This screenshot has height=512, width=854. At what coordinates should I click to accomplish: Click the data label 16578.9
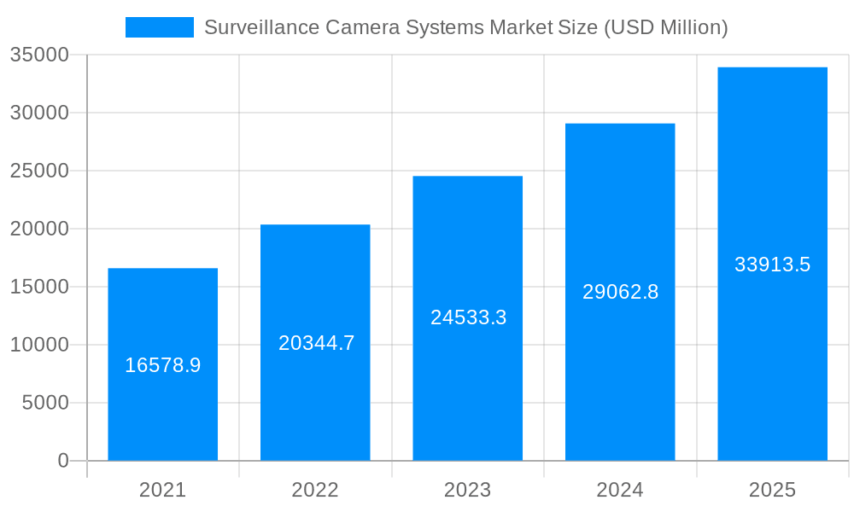(x=162, y=365)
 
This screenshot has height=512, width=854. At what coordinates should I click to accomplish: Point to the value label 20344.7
(x=316, y=343)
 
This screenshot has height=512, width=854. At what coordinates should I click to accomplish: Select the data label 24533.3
(x=468, y=317)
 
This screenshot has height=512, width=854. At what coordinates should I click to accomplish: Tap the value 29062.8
(x=620, y=292)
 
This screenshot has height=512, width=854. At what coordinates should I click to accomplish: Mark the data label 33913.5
(x=772, y=265)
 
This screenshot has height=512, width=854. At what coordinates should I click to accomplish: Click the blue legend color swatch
(x=160, y=27)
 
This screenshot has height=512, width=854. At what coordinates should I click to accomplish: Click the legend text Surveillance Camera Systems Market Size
(x=465, y=27)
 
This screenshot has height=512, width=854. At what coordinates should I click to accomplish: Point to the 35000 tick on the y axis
(x=38, y=55)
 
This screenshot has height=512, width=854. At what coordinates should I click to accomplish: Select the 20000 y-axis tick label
(x=38, y=229)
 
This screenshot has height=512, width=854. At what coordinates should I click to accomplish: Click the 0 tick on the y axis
(x=63, y=461)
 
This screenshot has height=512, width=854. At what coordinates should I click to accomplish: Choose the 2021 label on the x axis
(x=162, y=490)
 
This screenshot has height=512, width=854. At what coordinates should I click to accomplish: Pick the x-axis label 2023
(x=467, y=490)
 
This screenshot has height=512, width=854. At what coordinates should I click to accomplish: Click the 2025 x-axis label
(x=772, y=490)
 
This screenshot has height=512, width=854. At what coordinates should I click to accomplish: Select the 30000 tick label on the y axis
(x=38, y=113)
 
